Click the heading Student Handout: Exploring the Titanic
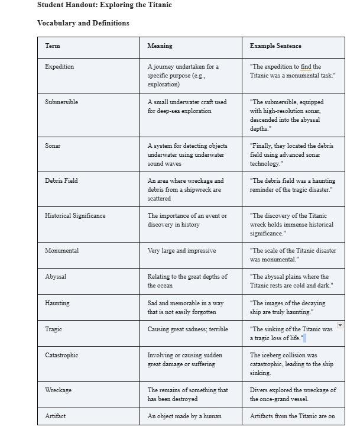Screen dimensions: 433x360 104,5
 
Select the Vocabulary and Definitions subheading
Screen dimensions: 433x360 83,23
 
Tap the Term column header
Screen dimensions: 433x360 53,46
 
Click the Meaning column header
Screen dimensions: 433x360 160,46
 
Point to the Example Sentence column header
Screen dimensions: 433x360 275,46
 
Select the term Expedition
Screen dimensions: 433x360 59,67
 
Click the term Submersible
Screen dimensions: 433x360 61,102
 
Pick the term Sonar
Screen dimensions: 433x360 53,146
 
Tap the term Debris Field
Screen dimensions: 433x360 61,180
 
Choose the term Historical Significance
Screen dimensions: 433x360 75,215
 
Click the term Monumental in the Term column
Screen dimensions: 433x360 61,250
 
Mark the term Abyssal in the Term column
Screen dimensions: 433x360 56,276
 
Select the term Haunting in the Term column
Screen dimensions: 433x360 57,303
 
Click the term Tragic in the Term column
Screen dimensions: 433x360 53,329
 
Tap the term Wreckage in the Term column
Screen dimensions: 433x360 58,390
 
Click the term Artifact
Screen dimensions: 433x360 55,416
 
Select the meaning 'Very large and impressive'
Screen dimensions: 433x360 181,250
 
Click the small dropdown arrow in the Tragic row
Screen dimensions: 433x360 340,325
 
